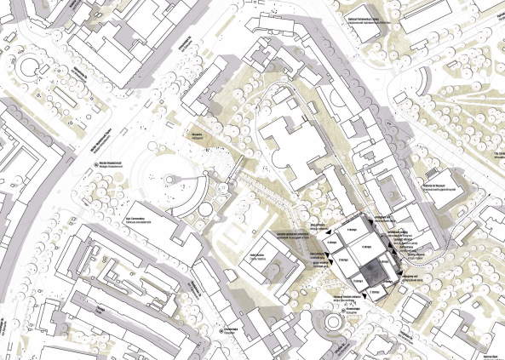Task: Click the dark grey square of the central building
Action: tap(372, 272)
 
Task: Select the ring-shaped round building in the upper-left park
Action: tap(35, 66)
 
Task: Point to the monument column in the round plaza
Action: tap(170, 180)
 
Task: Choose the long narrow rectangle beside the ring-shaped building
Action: tap(67, 80)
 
